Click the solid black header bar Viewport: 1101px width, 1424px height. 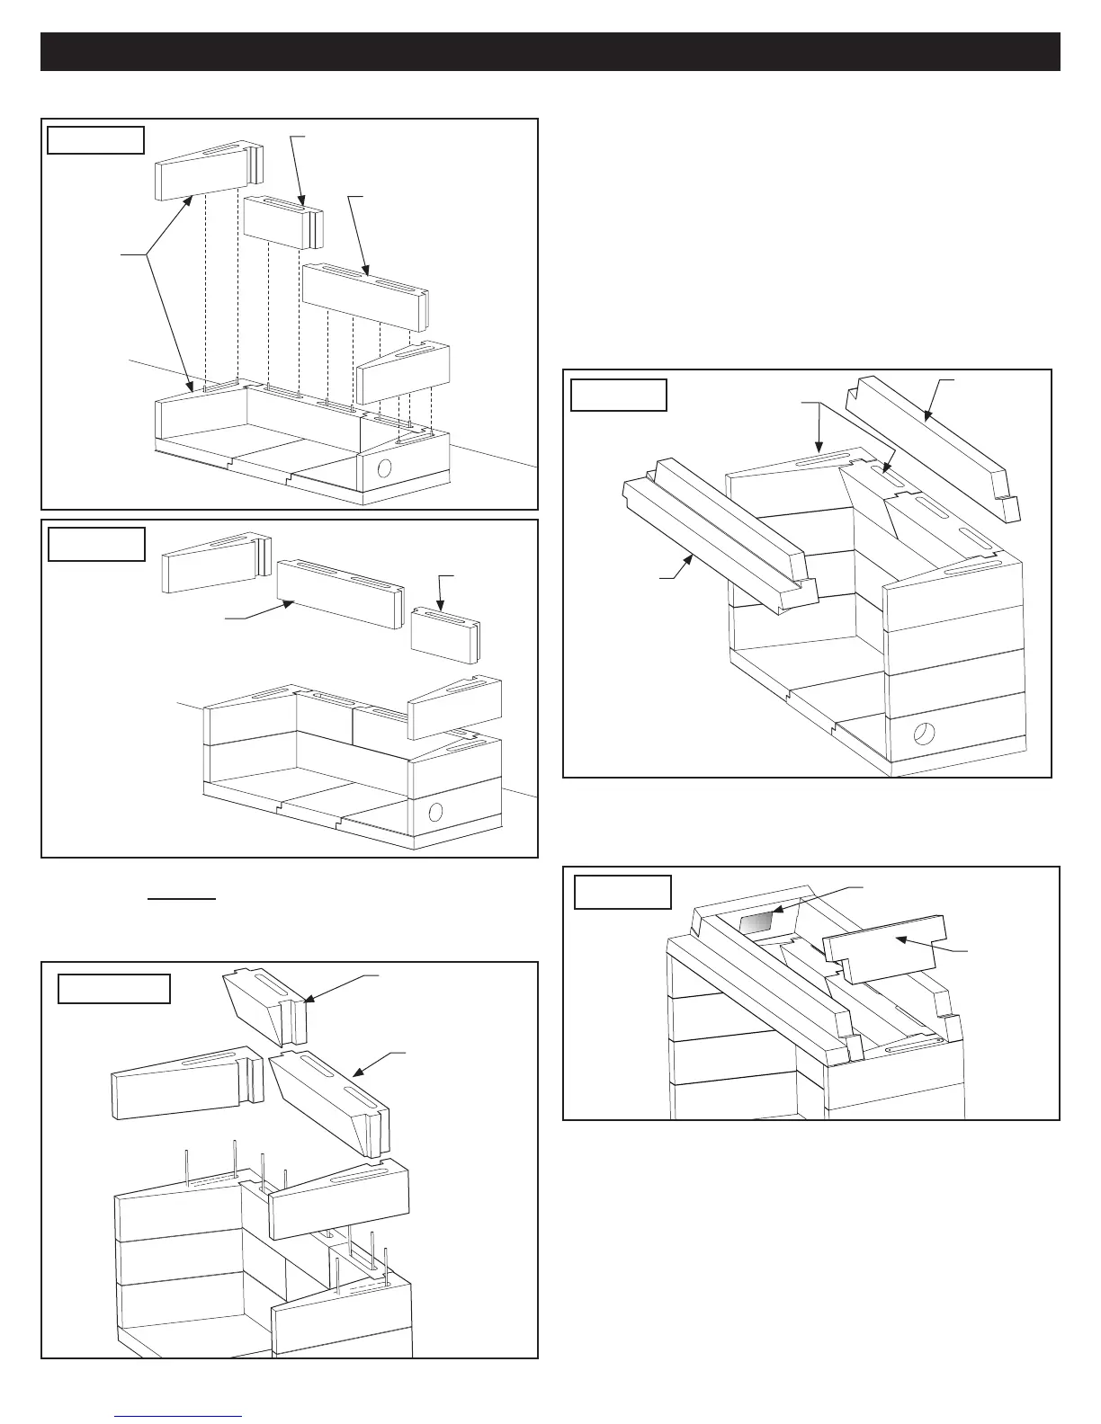(x=550, y=51)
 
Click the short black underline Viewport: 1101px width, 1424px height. (x=182, y=897)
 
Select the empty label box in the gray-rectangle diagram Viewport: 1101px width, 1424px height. (x=622, y=892)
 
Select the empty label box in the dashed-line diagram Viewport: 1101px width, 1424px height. (x=95, y=140)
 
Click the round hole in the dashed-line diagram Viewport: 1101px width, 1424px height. (x=384, y=468)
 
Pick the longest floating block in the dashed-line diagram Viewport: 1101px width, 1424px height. (x=364, y=297)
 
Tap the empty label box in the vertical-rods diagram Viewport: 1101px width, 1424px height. (x=114, y=988)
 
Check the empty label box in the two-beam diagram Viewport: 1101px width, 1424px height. (x=619, y=395)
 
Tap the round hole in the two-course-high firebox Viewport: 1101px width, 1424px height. (x=436, y=813)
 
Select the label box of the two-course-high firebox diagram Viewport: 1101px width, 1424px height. (x=95, y=544)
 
